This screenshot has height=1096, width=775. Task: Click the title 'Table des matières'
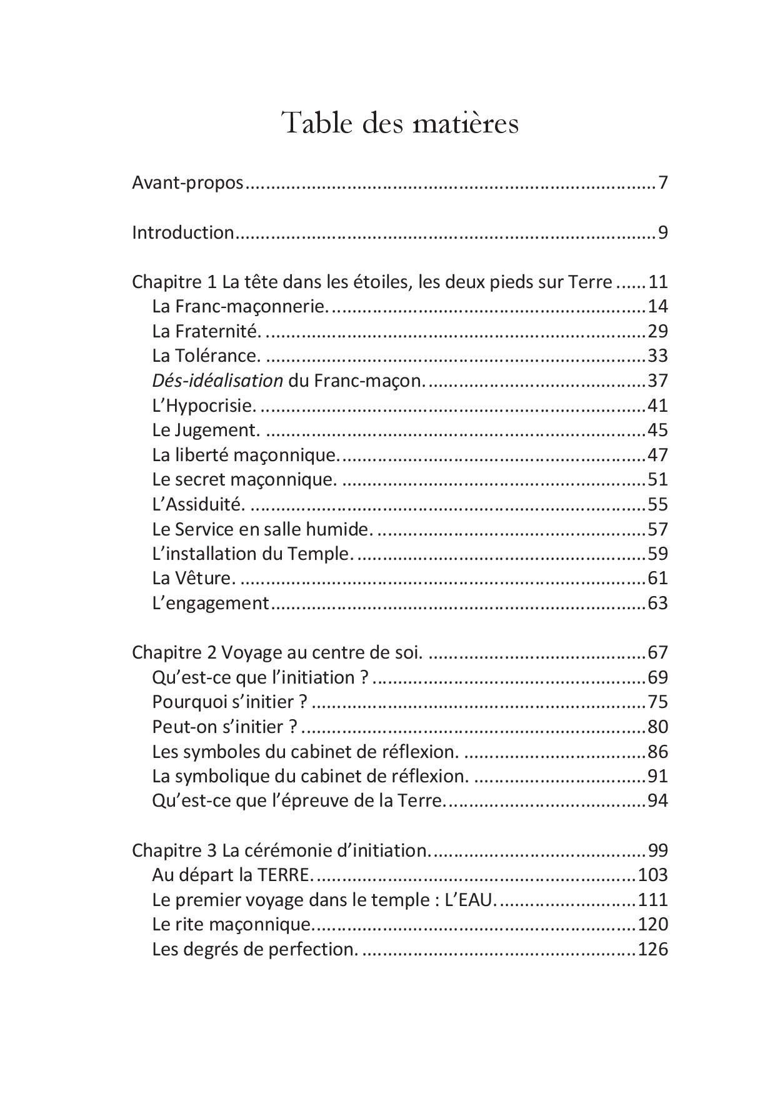coord(400,122)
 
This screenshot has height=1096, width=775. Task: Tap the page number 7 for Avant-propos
coord(663,183)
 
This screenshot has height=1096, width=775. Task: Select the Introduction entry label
coord(182,232)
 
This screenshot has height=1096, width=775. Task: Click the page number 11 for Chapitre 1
coord(658,282)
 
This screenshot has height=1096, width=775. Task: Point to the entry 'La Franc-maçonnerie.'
coord(239,306)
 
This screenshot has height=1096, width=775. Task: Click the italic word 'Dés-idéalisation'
coord(217,381)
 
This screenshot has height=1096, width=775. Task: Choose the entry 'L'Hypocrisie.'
coord(204,406)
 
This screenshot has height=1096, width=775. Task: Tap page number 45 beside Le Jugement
coord(658,430)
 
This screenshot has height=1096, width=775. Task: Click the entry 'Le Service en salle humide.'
coord(262,529)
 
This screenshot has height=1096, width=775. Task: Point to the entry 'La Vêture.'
coord(194,578)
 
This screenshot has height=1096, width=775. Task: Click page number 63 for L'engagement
coord(658,603)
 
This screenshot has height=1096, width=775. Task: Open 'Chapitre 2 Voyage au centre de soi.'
coord(277,652)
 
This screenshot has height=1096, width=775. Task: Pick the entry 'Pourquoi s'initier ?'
coord(230,702)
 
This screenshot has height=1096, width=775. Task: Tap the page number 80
coord(658,727)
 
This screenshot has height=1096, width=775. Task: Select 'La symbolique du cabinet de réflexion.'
coord(310,776)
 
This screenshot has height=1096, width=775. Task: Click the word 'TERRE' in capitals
coord(283,875)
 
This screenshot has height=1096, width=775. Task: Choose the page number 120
coord(652,924)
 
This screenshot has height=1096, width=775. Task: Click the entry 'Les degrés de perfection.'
coord(255,949)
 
